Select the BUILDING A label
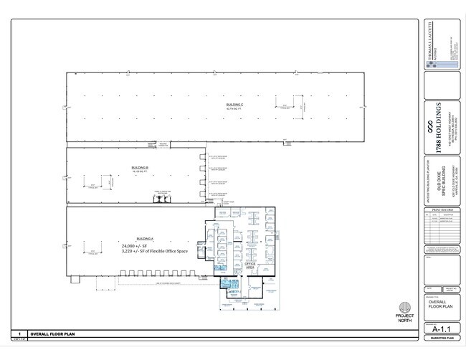click(x=145, y=237)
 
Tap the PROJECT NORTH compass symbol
click(x=405, y=306)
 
